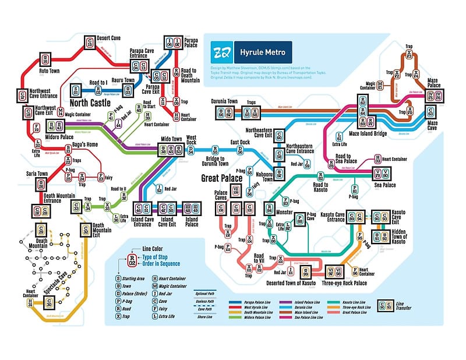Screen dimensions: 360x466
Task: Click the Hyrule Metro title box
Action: [x=262, y=53]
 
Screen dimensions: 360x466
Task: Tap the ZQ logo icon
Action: [x=222, y=53]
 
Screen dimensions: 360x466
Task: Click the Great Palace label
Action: [x=222, y=179]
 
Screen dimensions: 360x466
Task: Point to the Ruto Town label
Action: [x=49, y=71]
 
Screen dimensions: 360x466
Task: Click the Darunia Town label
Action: [x=224, y=101]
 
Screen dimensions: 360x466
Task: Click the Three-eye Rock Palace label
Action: [x=344, y=283]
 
